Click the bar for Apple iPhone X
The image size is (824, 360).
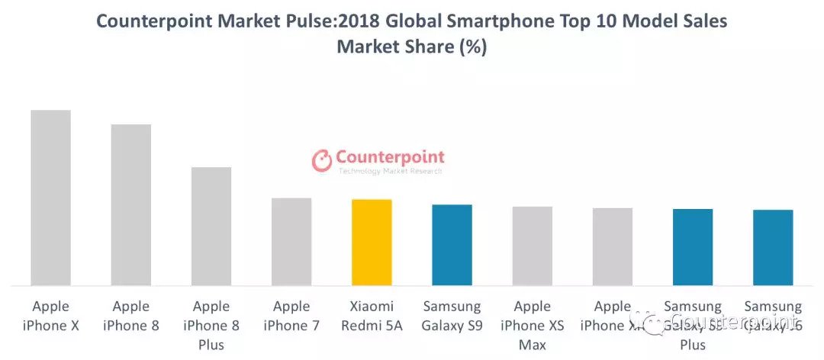pyautogui.click(x=50, y=198)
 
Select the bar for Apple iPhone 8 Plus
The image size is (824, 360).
pyautogui.click(x=211, y=227)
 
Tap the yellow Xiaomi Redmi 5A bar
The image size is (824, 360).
pyautogui.click(x=372, y=243)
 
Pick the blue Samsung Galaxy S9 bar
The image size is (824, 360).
pyautogui.click(x=452, y=245)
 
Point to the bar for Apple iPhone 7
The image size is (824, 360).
pyautogui.click(x=291, y=242)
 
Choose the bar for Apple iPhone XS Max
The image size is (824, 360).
pyautogui.click(x=532, y=246)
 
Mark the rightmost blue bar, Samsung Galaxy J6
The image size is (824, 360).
pyautogui.click(x=773, y=248)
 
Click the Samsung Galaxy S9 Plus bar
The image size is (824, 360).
pyautogui.click(x=693, y=247)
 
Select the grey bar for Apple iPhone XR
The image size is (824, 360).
pyautogui.click(x=613, y=247)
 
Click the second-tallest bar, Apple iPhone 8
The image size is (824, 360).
pyautogui.click(x=131, y=205)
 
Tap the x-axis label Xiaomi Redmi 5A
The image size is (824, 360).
pyautogui.click(x=372, y=316)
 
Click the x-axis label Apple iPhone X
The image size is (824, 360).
pyautogui.click(x=50, y=316)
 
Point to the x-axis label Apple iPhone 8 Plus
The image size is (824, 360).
pyautogui.click(x=211, y=325)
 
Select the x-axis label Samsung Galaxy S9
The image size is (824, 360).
pyautogui.click(x=452, y=316)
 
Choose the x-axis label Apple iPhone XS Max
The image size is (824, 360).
pyautogui.click(x=532, y=325)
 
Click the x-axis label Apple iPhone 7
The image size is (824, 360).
pyautogui.click(x=291, y=316)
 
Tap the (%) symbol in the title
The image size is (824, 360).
pyautogui.click(x=472, y=47)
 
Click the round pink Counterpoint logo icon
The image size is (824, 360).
pyautogui.click(x=322, y=159)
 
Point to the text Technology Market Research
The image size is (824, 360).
pyautogui.click(x=390, y=172)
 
